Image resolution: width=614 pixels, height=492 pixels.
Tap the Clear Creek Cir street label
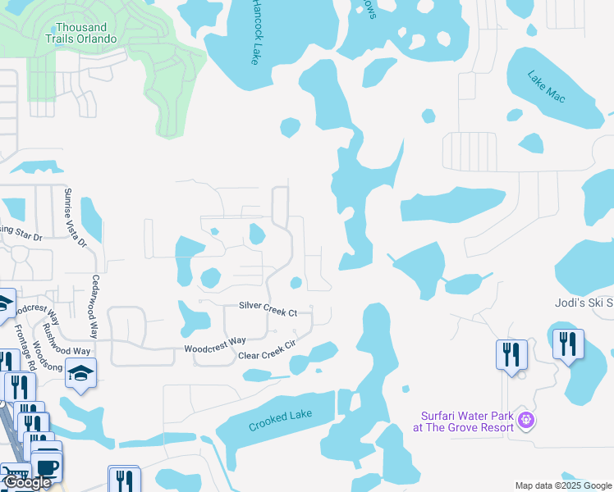[x=266, y=351]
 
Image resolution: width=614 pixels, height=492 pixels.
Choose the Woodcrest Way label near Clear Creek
[x=215, y=344]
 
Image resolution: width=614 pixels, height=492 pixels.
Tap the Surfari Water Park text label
[x=463, y=421]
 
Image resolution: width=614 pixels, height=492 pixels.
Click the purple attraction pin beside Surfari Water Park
[x=526, y=421]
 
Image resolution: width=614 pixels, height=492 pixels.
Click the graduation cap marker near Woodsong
[x=80, y=374]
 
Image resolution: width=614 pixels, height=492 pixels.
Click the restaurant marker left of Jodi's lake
[x=511, y=355]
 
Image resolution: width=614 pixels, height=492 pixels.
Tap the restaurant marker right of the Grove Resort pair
[x=567, y=344]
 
